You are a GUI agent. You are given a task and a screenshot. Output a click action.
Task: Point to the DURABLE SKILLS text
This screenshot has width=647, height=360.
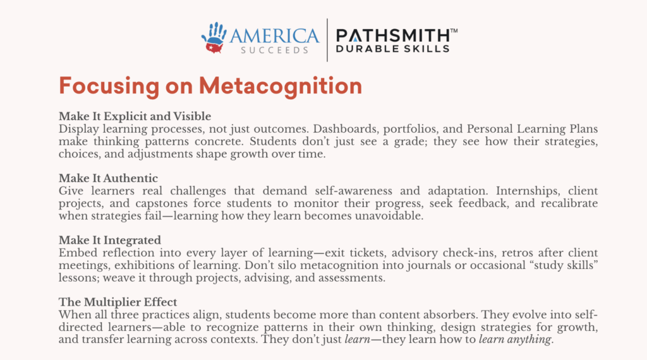coord(392,49)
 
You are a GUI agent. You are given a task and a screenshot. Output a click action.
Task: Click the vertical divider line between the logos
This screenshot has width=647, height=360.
coord(327,40)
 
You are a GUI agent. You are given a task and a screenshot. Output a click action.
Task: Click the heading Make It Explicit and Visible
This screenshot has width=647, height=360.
coord(135,116)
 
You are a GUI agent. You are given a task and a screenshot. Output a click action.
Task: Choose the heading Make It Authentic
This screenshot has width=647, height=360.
coord(108,178)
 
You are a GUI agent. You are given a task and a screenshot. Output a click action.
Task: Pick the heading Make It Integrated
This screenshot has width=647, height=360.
coord(110,240)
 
